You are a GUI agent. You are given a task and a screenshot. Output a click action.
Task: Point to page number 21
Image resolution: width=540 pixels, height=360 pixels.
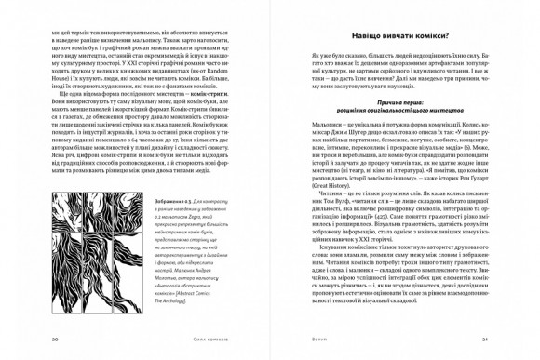coord(485,339)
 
